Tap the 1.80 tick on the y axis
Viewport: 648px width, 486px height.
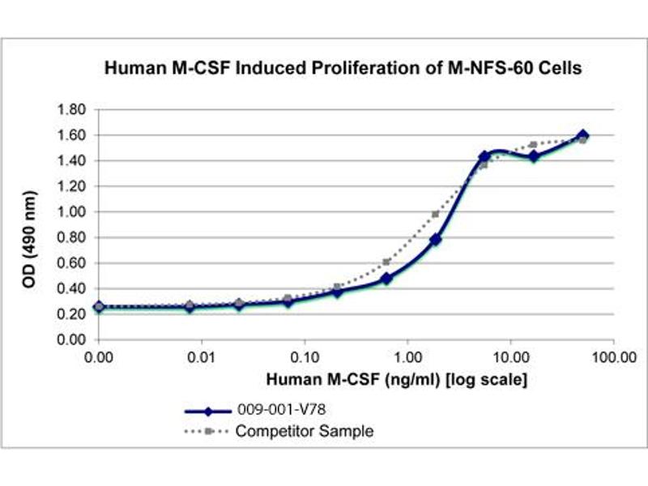[71, 109]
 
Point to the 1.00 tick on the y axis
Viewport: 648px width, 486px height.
[71, 212]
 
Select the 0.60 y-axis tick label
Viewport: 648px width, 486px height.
[71, 263]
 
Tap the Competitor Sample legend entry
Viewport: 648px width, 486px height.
[305, 431]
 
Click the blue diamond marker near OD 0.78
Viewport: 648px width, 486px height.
[436, 240]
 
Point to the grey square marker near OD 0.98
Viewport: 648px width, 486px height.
[436, 215]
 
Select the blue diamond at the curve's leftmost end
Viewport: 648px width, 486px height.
[99, 307]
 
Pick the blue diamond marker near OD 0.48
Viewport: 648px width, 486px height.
[386, 279]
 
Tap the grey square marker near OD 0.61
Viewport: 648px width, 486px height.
[386, 262]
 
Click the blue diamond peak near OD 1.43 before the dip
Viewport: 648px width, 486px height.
[484, 156]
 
